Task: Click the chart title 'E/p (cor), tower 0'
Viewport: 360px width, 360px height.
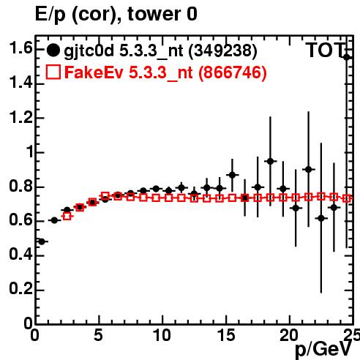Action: tap(116, 15)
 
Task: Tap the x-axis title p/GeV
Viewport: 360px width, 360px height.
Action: tap(324, 349)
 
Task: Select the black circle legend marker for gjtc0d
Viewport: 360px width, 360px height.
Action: tap(53, 50)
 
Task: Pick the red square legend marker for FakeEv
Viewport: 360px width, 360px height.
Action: tap(53, 72)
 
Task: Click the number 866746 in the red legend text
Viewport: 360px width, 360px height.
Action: tap(232, 72)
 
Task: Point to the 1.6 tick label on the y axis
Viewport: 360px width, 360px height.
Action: tap(20, 48)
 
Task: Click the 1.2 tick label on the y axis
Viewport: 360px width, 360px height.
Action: tap(20, 118)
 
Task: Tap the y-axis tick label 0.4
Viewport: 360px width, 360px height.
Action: tap(20, 255)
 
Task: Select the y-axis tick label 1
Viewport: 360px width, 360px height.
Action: tap(30, 152)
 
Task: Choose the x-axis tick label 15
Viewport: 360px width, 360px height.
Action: tap(226, 335)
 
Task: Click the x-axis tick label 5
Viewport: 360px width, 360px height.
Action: tap(98, 335)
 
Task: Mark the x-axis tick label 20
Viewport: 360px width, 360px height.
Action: tap(289, 335)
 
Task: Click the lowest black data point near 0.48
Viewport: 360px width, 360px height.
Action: tap(42, 241)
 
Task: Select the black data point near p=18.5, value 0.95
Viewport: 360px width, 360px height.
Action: tap(270, 161)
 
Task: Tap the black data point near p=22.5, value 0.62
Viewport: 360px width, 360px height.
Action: tap(321, 218)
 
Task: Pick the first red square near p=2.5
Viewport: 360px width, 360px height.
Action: tap(67, 216)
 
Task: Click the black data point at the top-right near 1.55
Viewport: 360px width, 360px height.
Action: tap(347, 57)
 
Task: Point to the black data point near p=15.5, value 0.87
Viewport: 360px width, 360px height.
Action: tap(232, 175)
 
